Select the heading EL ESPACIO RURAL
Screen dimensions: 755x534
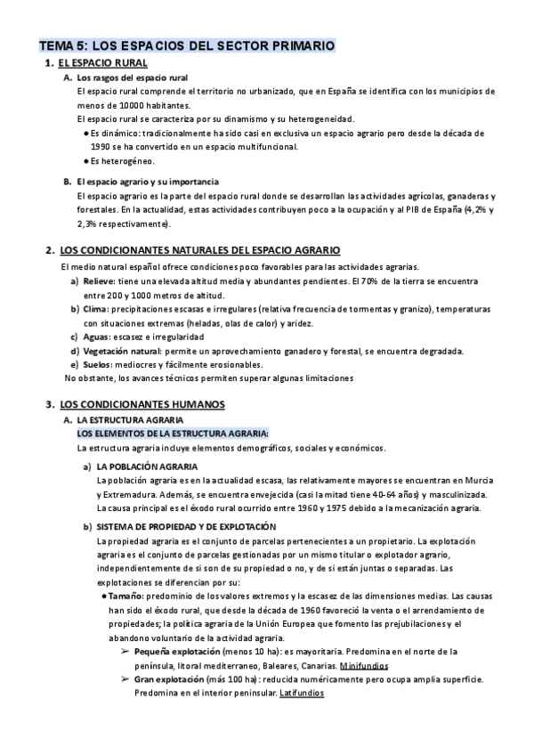[102, 64]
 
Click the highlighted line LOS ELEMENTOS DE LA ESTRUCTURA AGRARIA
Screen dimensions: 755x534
[166, 433]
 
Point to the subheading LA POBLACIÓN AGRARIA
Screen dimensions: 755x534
[147, 467]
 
